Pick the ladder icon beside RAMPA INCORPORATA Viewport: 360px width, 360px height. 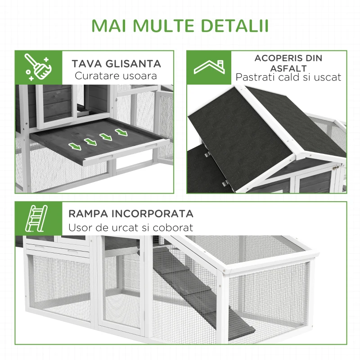click(38, 219)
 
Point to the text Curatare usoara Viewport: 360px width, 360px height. click(116, 76)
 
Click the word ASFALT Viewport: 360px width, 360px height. click(288, 68)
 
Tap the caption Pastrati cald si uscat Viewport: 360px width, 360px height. click(288, 77)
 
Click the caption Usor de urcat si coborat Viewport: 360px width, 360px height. click(130, 228)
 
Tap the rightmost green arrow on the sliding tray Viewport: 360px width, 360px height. click(121, 132)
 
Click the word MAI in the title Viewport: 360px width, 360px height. click(107, 26)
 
